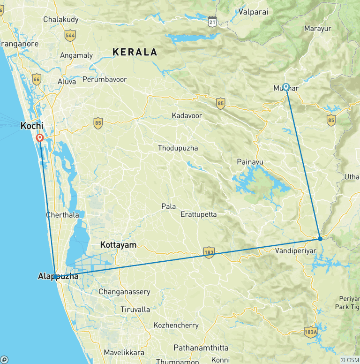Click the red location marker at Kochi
[x=40, y=138]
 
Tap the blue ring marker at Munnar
[x=285, y=87]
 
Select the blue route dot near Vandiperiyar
[x=320, y=239]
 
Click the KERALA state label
[x=135, y=52]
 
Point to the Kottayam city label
[x=118, y=245]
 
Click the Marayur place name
[x=317, y=29]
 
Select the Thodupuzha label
[x=178, y=148]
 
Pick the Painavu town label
[x=249, y=162]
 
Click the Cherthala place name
[x=61, y=215]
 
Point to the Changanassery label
[x=124, y=292]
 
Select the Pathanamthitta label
[x=201, y=348]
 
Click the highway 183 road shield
[x=209, y=253]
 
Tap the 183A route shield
[x=310, y=331]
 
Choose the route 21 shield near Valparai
[x=213, y=22]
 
